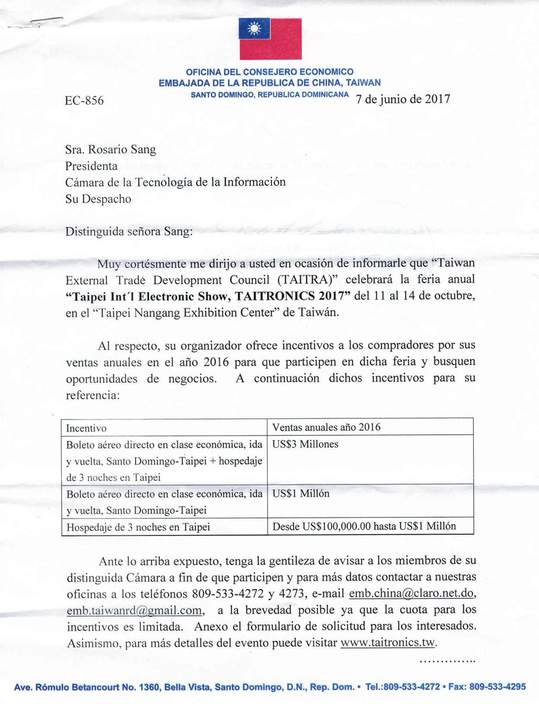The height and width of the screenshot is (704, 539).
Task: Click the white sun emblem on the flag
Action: [x=254, y=29]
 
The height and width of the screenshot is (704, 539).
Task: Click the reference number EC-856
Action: [x=84, y=101]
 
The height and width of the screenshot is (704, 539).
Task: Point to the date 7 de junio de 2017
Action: [x=403, y=99]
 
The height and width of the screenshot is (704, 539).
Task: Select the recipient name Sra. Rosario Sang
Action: [x=110, y=150]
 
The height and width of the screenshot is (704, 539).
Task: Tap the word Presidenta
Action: [x=91, y=166]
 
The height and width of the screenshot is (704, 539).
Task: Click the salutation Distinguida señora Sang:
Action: [x=129, y=231]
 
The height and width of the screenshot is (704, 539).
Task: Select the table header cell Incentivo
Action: [x=86, y=428]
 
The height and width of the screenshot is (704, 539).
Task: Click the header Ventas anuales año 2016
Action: [x=326, y=427]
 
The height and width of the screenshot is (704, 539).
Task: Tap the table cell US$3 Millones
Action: [x=305, y=444]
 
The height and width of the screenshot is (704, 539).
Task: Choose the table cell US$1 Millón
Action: [x=301, y=494]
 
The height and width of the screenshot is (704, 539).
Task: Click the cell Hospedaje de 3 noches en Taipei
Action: [x=138, y=527]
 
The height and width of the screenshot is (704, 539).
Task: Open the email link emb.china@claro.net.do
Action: [x=412, y=594]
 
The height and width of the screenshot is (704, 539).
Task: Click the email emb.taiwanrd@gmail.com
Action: [x=134, y=611]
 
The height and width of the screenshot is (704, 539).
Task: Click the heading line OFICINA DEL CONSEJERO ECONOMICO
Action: [x=269, y=72]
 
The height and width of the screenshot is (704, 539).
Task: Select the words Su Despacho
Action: [x=98, y=199]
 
